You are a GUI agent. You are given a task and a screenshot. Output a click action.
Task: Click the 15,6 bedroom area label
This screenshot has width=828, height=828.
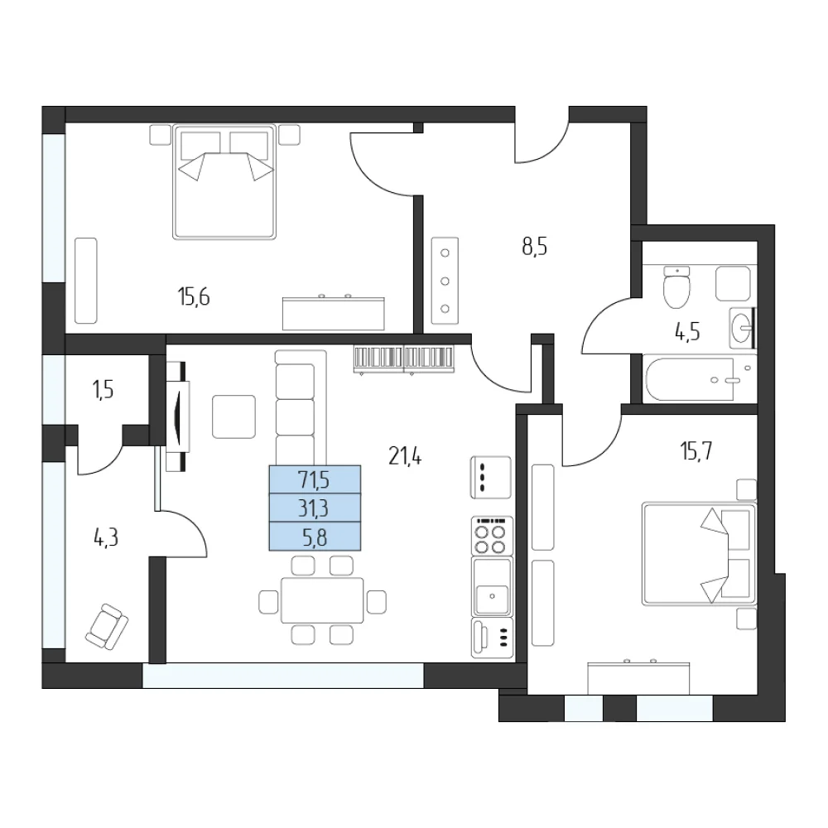[x=194, y=297]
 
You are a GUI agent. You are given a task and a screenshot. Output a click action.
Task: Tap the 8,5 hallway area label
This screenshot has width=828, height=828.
[x=534, y=247]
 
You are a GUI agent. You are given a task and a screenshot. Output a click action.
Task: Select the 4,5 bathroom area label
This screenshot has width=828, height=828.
[x=687, y=332]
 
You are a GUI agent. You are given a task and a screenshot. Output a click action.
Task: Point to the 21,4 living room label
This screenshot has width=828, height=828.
[x=405, y=456]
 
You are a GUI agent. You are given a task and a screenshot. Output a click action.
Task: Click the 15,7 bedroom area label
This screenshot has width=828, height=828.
[x=696, y=451]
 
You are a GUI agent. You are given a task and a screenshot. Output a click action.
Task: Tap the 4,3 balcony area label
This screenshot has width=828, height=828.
[x=106, y=538]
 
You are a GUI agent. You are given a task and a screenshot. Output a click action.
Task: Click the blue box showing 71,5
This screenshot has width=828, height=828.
[x=315, y=479]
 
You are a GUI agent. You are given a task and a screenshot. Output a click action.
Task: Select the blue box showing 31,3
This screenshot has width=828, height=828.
[x=315, y=508]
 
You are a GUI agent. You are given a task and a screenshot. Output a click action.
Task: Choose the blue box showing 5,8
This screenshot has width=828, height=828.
[x=315, y=537]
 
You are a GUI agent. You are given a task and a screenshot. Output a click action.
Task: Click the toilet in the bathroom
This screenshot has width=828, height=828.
[x=676, y=287]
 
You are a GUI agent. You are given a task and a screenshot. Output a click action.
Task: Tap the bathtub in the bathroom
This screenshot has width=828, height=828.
[x=689, y=380]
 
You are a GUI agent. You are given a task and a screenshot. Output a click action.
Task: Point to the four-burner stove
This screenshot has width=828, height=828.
[x=492, y=536]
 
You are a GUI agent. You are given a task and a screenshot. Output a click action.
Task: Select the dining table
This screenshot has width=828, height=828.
[x=322, y=600]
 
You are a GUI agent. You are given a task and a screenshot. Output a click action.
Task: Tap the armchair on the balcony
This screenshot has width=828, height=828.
[x=107, y=627]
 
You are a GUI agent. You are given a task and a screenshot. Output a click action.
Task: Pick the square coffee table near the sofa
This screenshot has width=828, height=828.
[x=234, y=416]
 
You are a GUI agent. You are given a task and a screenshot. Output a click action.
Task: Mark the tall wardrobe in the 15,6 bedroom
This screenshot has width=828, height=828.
[x=86, y=281]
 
